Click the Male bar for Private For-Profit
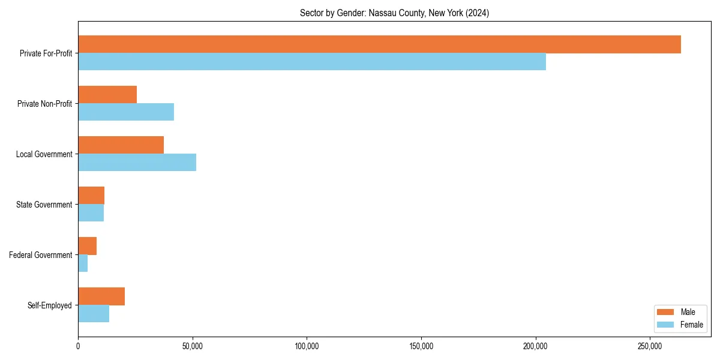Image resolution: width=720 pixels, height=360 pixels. (x=379, y=44)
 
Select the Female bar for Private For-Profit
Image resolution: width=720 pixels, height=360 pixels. (x=312, y=62)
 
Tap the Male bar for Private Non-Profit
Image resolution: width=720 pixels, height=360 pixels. (x=107, y=95)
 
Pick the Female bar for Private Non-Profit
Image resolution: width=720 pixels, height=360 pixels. (x=126, y=112)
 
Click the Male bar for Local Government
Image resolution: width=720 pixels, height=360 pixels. (x=121, y=145)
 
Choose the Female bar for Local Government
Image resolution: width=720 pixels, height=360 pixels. (x=137, y=163)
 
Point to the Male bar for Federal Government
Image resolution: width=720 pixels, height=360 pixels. (x=87, y=246)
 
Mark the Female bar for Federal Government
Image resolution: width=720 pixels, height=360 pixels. (x=83, y=263)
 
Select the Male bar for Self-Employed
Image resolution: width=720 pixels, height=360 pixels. (x=101, y=296)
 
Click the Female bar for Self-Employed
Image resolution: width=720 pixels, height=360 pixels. (x=94, y=314)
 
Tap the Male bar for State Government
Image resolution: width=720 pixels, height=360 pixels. (x=91, y=196)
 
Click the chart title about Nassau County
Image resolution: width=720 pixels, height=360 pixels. (x=394, y=13)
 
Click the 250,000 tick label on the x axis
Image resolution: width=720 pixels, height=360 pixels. (x=650, y=346)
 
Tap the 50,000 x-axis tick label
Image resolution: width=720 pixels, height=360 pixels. (x=192, y=346)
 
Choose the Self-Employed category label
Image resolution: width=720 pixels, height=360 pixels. (x=49, y=305)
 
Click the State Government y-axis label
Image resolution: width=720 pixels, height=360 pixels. (x=44, y=205)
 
